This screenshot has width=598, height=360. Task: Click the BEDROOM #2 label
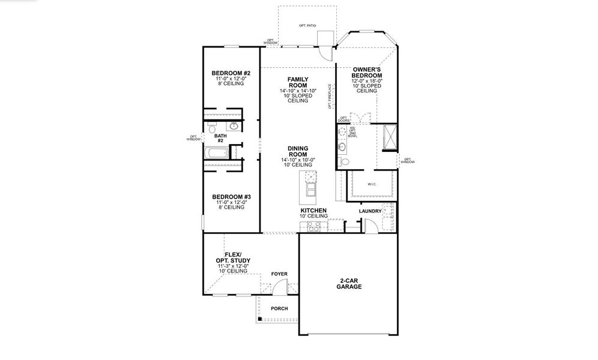tap(231, 73)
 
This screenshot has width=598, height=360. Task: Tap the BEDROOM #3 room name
tap(231, 197)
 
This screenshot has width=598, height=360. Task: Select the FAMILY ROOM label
tap(298, 82)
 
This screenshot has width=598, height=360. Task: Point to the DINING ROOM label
tap(298, 151)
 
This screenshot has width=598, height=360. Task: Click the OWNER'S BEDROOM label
tap(367, 73)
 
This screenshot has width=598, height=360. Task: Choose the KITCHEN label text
tap(313, 211)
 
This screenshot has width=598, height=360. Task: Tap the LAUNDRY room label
tap(370, 211)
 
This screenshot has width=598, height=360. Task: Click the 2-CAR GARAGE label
tap(349, 284)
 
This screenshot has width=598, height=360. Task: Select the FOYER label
tap(279, 274)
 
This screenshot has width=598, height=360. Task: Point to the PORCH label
tap(279, 308)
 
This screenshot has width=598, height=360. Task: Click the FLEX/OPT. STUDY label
tap(233, 257)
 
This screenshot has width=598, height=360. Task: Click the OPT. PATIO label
tap(307, 26)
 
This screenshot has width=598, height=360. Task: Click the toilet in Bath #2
tap(212, 128)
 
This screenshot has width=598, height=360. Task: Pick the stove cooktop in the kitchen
tap(313, 226)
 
